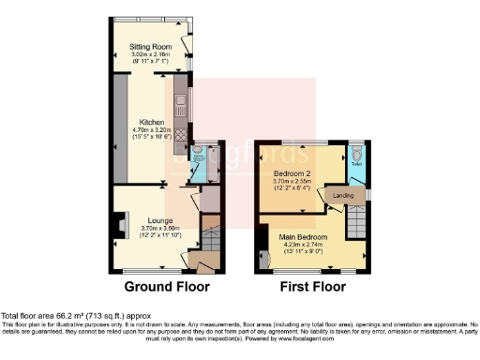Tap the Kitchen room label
pos(152,122)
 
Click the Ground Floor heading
pos(168,287)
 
